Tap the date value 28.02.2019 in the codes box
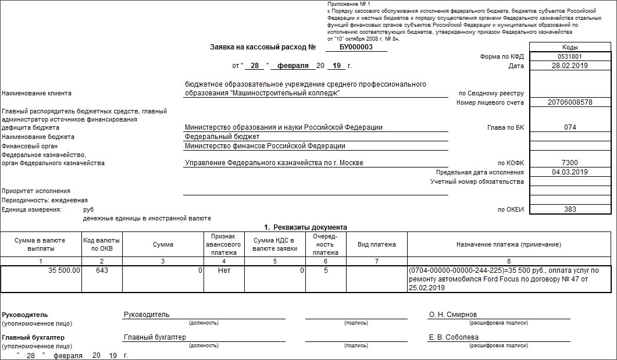click(x=570, y=66)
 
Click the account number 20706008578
click(x=570, y=102)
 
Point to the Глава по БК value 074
click(x=570, y=127)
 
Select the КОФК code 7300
click(x=570, y=163)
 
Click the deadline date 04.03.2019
click(x=570, y=172)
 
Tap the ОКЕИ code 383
click(x=570, y=209)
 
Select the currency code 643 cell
click(x=102, y=270)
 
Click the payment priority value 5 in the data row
click(x=325, y=270)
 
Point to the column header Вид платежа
click(x=376, y=245)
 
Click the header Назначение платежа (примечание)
click(x=508, y=245)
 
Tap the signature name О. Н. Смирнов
click(x=453, y=315)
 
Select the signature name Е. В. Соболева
click(x=454, y=337)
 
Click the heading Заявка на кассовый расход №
click(x=262, y=47)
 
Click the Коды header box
click(x=570, y=47)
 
